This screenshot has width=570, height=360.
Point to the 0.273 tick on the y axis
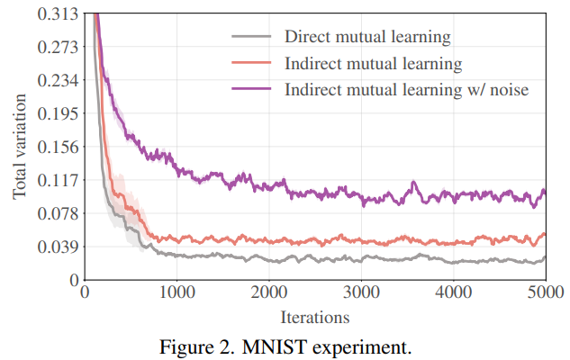(57, 47)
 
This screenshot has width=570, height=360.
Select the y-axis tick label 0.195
(57, 113)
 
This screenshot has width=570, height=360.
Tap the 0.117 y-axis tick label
(57, 180)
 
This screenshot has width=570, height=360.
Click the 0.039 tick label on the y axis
(57, 247)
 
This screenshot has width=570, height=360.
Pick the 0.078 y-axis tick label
(57, 213)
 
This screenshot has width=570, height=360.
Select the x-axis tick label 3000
(360, 293)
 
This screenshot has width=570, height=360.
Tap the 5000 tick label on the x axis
(544, 293)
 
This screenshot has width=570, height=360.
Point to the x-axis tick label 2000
(268, 293)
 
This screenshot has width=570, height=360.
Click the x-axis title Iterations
(314, 317)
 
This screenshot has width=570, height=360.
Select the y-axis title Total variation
(19, 148)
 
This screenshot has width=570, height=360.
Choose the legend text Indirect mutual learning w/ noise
(406, 90)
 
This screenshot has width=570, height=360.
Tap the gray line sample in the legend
(253, 38)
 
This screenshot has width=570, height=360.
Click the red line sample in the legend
(253, 64)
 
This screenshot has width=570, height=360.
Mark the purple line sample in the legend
(253, 90)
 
